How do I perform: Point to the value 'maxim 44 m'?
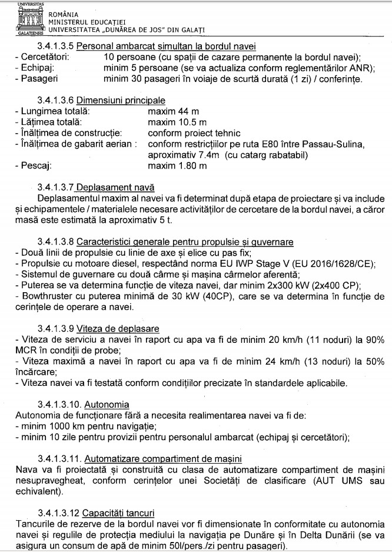(x=173, y=111)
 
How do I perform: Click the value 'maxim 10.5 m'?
(x=177, y=123)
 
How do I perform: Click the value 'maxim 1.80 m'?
(x=177, y=166)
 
